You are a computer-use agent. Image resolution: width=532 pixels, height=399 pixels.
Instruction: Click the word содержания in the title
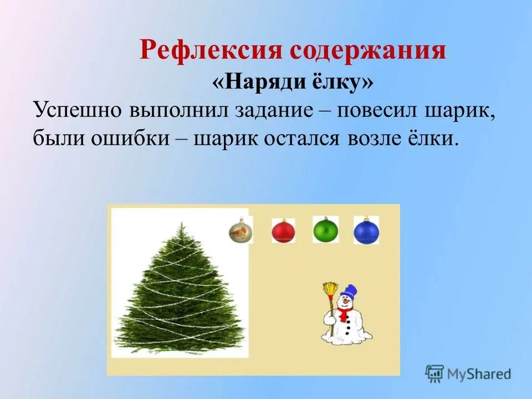[x=367, y=51]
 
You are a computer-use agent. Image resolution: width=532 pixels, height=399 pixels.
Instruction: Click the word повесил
[x=376, y=109]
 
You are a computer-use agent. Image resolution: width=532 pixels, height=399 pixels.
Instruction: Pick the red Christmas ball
[x=283, y=231]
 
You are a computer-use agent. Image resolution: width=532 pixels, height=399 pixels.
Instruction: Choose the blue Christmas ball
[x=366, y=231]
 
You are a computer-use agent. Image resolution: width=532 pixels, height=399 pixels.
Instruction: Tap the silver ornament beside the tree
[x=241, y=231]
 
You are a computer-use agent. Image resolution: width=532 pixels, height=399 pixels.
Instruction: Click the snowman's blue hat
[x=349, y=291]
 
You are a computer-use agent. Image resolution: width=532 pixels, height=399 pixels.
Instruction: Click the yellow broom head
[x=331, y=289]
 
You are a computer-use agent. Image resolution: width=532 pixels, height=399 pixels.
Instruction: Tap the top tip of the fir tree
[x=181, y=223]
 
